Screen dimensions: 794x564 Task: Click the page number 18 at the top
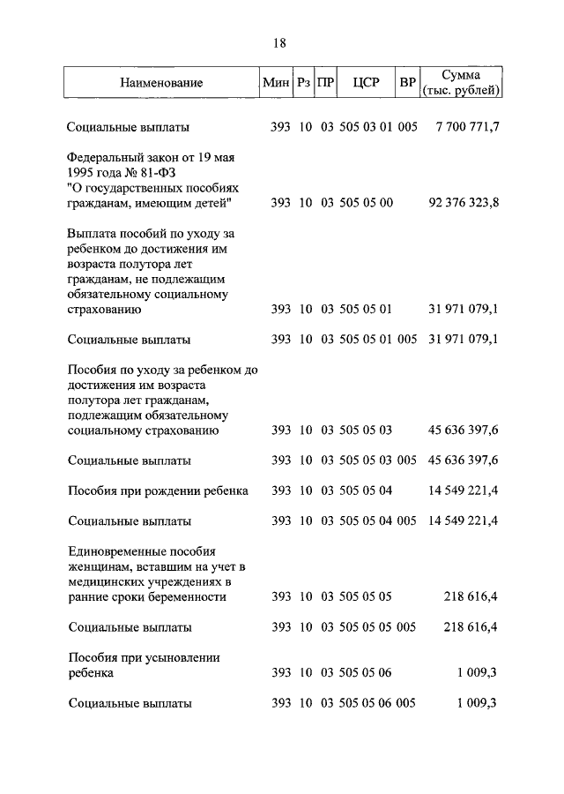tap(280, 43)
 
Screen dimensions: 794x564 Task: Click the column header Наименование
tap(162, 83)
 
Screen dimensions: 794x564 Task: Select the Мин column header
tap(276, 83)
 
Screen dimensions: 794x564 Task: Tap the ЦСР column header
tap(365, 83)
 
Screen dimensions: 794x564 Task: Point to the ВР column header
tap(407, 83)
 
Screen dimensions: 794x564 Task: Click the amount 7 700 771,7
tap(467, 128)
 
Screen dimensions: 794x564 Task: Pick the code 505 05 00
tap(366, 203)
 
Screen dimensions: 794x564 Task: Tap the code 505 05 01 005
tap(378, 339)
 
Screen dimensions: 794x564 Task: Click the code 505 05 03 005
tap(378, 461)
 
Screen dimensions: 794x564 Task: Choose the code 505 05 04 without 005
tap(366, 491)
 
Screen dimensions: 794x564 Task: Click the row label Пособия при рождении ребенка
tap(158, 491)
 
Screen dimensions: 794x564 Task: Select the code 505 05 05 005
tap(378, 627)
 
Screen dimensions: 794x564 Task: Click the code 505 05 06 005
tap(378, 703)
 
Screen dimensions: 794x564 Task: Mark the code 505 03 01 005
tap(378, 128)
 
